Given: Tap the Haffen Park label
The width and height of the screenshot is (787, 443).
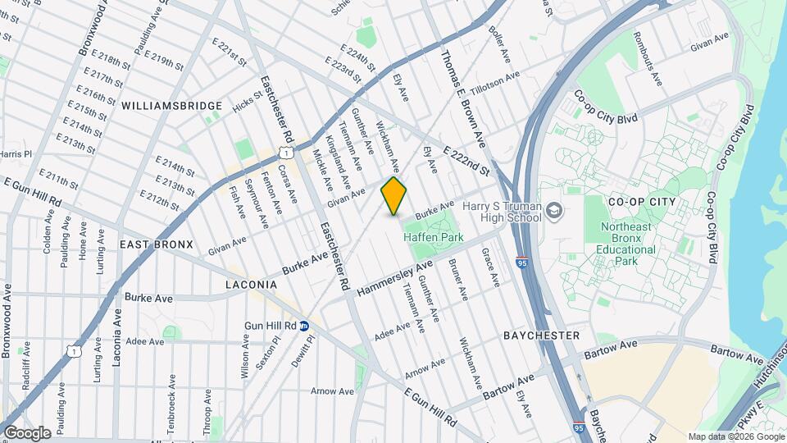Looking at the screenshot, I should (434, 237).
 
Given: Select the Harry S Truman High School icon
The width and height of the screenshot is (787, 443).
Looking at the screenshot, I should (555, 212).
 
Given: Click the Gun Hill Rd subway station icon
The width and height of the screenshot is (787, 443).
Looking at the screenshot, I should (303, 325).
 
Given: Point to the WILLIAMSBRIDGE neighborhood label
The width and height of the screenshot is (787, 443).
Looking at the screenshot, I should (172, 106).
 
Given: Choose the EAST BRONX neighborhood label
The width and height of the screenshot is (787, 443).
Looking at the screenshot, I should (156, 244).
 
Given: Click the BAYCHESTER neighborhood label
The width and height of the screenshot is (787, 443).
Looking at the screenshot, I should (542, 336).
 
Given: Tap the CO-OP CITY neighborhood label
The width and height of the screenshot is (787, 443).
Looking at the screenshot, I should (642, 201).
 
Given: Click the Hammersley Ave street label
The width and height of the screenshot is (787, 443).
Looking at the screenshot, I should (394, 279).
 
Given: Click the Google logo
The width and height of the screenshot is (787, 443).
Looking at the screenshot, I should (27, 432).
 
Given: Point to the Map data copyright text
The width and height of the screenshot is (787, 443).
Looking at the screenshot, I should (735, 436).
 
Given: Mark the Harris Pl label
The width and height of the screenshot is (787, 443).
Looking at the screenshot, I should (15, 153).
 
